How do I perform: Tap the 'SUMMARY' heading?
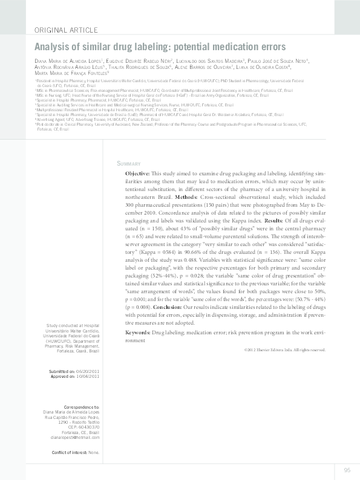click(x=128, y=164)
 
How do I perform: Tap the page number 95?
click(x=347, y=470)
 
